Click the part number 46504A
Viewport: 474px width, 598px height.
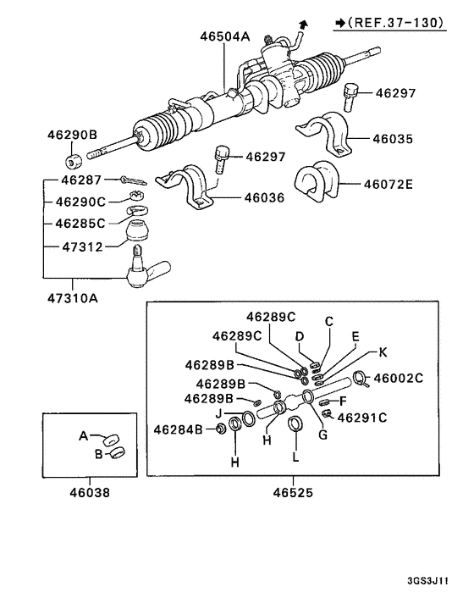(226, 36)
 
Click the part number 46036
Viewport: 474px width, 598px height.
(264, 198)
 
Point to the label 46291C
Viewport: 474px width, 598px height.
(362, 417)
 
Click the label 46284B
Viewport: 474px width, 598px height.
(179, 430)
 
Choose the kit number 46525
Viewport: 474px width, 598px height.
(293, 491)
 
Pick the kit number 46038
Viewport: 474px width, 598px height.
(89, 491)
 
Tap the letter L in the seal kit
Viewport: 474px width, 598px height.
(295, 457)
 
